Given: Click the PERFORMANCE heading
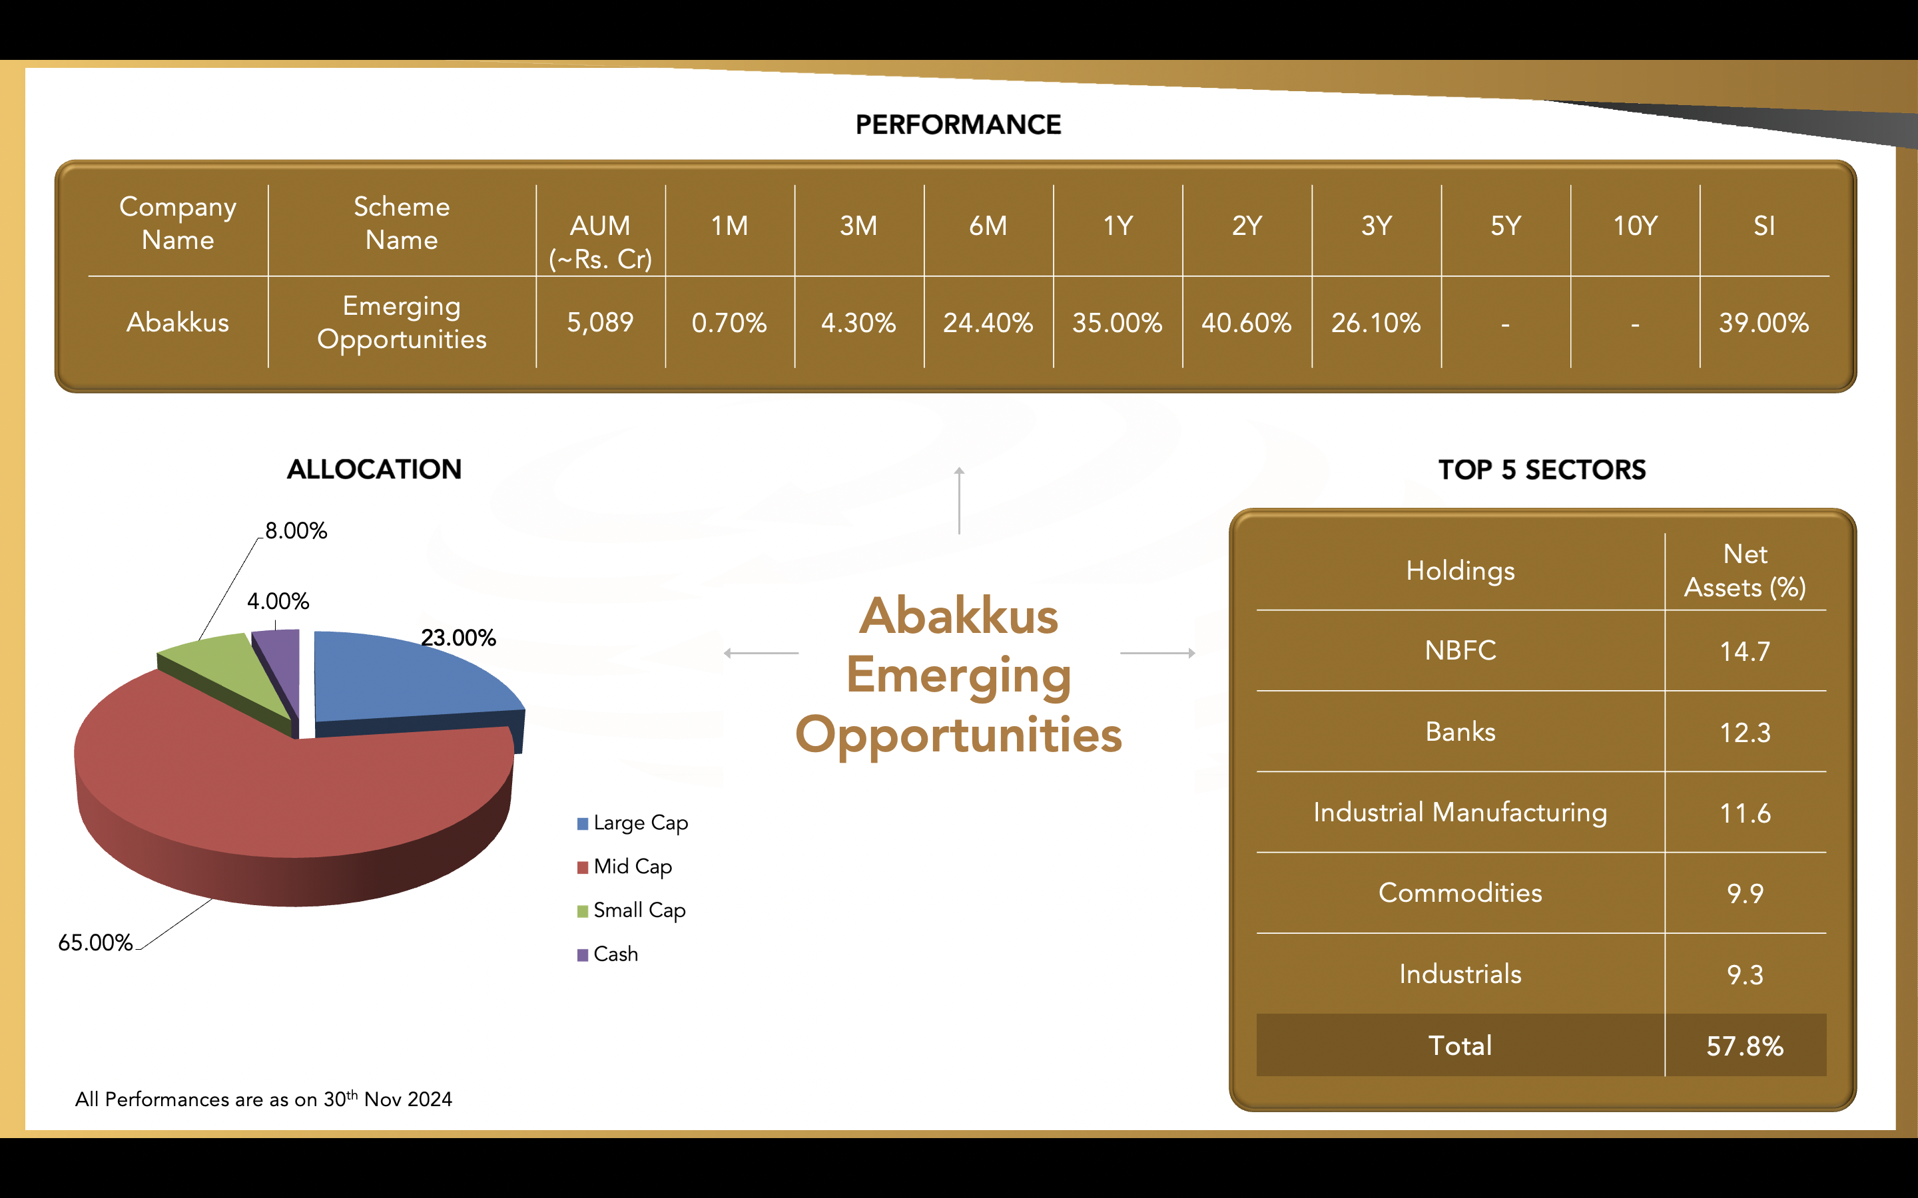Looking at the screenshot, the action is tap(958, 124).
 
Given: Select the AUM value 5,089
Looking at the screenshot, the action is tap(600, 323).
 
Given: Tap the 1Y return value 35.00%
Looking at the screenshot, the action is tap(1117, 323).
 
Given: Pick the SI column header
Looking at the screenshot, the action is tap(1764, 226).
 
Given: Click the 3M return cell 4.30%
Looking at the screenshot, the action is tap(858, 323).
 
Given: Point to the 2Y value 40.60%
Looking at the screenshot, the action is tap(1246, 323).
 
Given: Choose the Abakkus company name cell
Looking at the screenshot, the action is tap(178, 323).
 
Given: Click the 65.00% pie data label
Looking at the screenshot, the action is tap(95, 943).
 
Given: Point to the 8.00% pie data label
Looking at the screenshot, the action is tap(296, 531).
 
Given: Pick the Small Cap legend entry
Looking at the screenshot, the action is tap(631, 910).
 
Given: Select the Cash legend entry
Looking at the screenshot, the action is tap(608, 954).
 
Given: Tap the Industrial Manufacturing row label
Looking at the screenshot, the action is tap(1460, 812).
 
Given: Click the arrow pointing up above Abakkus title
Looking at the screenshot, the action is tap(959, 500).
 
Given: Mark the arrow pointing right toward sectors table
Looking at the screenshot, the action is tap(1158, 653).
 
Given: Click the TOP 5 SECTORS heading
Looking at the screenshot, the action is tap(1542, 470).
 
